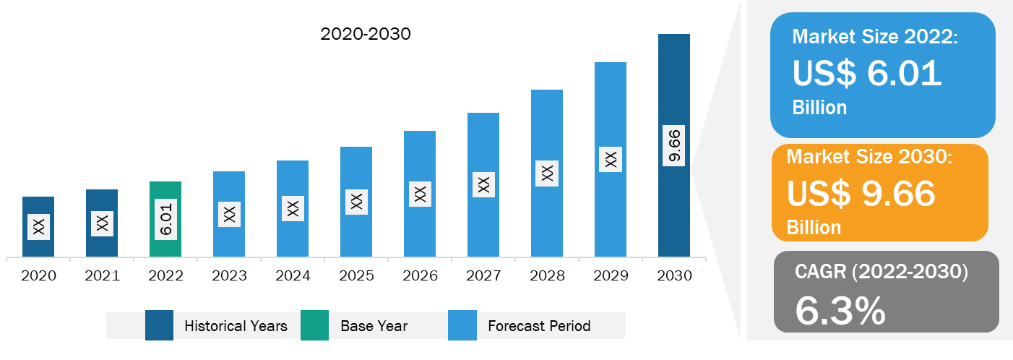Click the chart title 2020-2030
coord(366,34)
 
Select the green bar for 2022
coord(165,219)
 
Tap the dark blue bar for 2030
coord(674,145)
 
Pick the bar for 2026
coord(420,194)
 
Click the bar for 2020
coord(38,226)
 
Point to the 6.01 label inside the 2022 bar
coord(166,219)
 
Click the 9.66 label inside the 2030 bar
coord(674,145)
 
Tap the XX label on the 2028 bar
coord(547,173)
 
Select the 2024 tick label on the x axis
coord(293,276)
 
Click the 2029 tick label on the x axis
coord(611,276)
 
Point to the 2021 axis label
coord(102,276)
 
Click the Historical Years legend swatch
coord(159,325)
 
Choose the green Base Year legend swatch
coord(315,325)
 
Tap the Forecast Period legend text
coord(539,325)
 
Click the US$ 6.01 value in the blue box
coord(867,73)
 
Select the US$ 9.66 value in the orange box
coord(861,193)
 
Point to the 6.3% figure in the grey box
coord(840,311)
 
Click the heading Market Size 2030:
coord(869,156)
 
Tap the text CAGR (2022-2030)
coord(881,272)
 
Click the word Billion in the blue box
coord(819,108)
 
